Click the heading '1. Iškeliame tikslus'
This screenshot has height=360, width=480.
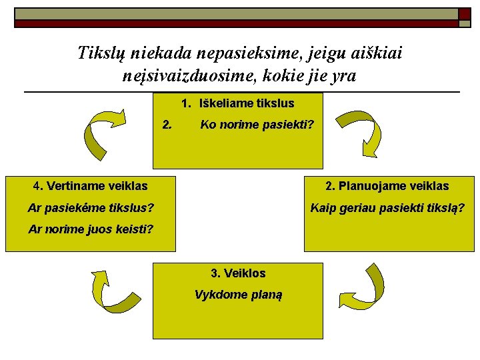click(238, 103)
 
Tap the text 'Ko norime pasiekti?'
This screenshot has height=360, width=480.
click(257, 125)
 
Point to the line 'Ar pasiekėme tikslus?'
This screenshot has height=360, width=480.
click(91, 208)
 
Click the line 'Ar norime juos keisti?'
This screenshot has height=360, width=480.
click(91, 229)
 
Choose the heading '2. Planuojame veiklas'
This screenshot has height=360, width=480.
click(387, 186)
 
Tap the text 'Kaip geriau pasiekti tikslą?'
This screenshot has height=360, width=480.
click(387, 208)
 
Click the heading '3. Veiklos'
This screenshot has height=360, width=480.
click(238, 273)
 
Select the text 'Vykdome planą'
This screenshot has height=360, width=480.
click(238, 295)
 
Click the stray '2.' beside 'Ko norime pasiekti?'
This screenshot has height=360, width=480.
click(168, 123)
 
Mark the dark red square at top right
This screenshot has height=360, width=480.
click(464, 14)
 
